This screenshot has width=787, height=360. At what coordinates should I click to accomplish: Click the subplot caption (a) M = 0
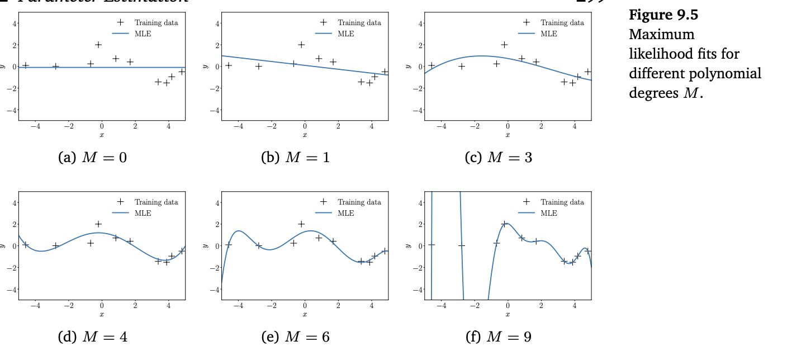point(92,158)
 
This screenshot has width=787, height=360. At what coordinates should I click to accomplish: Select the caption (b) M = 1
point(295,158)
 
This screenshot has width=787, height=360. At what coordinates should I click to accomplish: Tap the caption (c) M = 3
point(498,158)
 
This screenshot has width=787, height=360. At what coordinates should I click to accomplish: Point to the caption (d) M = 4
point(92,337)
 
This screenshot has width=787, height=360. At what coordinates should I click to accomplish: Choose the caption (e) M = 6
point(295,337)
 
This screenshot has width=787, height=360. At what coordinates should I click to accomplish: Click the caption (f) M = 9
point(498,337)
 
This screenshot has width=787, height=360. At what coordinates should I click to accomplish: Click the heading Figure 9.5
point(663,15)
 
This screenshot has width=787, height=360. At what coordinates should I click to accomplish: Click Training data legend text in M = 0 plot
point(156,23)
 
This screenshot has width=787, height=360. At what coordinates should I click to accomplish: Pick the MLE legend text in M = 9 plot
point(549,213)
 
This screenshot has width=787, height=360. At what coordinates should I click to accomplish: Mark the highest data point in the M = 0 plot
point(98,45)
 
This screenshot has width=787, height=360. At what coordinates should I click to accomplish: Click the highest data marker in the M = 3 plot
point(504,45)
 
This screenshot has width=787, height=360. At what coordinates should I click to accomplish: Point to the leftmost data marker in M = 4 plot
point(25,245)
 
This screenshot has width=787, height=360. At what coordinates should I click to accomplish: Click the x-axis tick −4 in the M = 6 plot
point(238,306)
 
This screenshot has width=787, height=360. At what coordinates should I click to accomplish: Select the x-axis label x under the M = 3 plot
point(508,135)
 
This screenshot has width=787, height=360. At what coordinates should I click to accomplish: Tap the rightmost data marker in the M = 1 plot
point(385,72)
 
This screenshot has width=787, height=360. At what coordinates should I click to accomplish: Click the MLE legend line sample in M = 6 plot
point(323,213)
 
